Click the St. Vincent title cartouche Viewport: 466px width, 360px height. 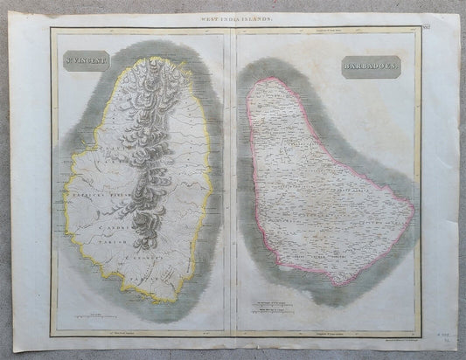[x=86, y=63]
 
